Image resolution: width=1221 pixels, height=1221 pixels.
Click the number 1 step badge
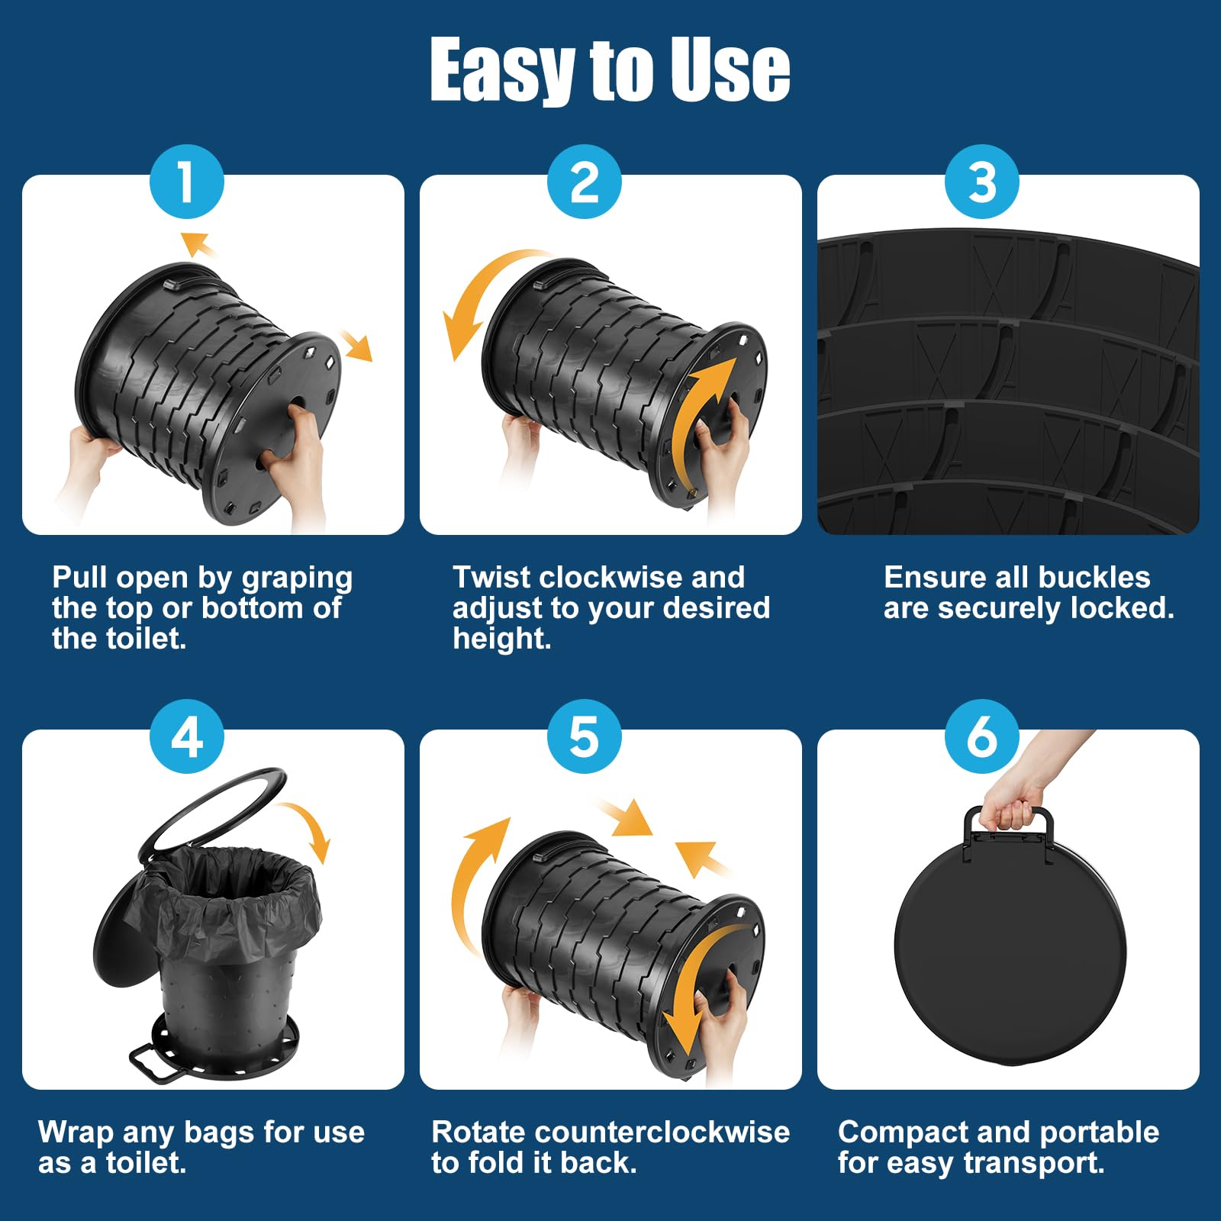point(187,182)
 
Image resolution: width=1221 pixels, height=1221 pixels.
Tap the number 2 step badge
point(585,182)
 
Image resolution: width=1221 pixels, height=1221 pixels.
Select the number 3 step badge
point(982,182)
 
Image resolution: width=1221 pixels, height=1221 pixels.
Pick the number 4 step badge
point(187,737)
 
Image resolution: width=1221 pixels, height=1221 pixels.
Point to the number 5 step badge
point(585,737)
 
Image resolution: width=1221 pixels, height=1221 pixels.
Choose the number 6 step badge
point(982,737)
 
